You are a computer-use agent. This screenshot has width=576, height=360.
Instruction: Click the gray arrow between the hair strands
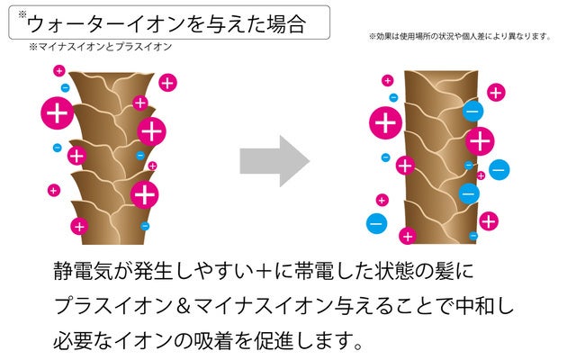tap(273, 161)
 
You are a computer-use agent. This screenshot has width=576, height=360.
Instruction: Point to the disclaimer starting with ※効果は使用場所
tap(459, 37)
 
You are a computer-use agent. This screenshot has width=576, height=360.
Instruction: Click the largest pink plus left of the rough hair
tap(58, 113)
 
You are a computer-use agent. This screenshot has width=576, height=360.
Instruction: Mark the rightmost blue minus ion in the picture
tap(499, 168)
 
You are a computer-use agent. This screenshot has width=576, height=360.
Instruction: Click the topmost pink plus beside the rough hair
tap(59, 69)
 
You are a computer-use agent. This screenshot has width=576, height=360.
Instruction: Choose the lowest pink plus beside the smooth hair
tap(408, 237)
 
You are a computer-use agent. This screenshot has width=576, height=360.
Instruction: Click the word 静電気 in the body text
tap(84, 270)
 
